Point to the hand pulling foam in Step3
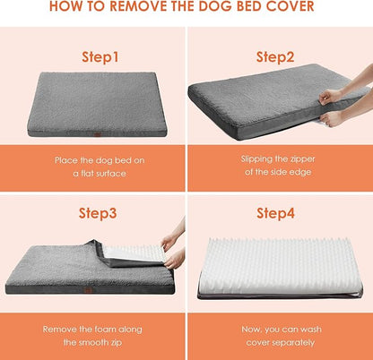pos(173,250)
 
